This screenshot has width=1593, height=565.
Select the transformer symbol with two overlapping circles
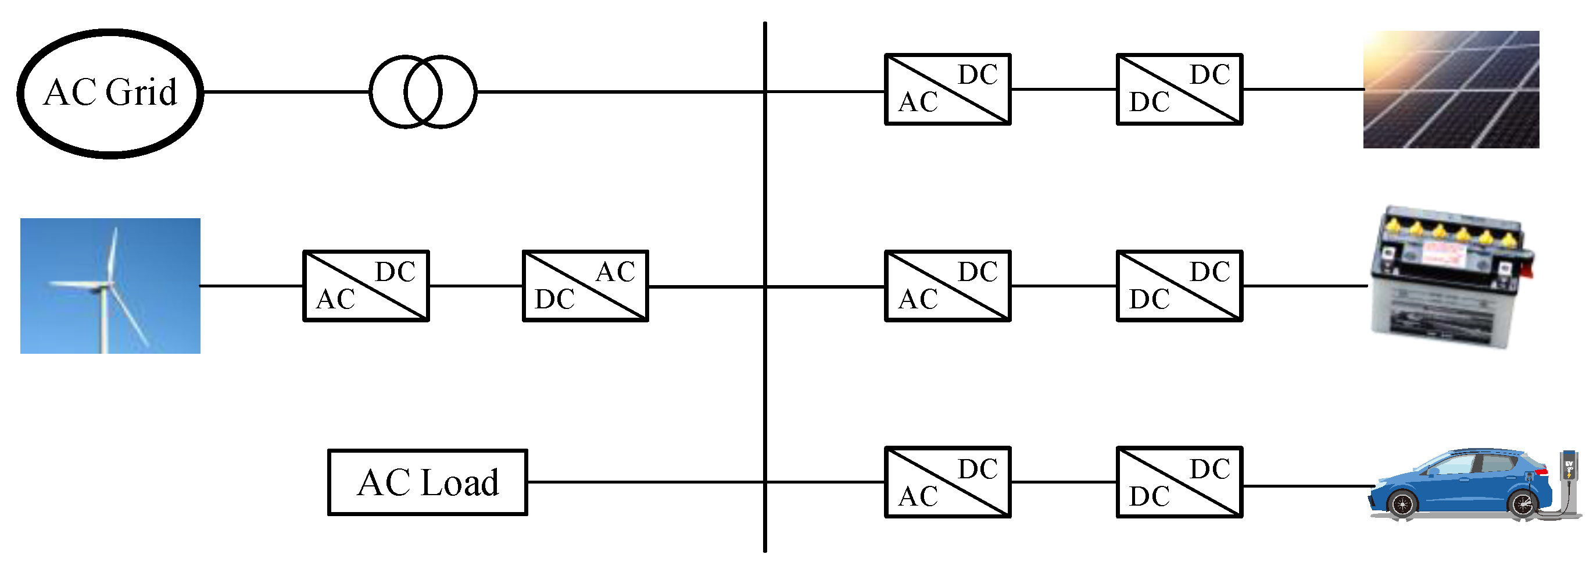click(423, 91)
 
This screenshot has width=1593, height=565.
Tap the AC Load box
click(427, 482)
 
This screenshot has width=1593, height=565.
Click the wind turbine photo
click(110, 286)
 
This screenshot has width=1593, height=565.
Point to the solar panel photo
click(1451, 90)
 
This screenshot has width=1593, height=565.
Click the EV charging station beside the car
click(1569, 483)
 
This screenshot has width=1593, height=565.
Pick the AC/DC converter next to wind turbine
click(366, 286)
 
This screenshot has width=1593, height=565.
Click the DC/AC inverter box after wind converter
click(585, 286)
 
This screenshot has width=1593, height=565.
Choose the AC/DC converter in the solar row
click(947, 90)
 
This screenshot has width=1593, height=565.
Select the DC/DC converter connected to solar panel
click(1179, 90)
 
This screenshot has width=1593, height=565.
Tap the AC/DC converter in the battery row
click(947, 286)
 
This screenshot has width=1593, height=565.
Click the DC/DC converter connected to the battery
click(1179, 286)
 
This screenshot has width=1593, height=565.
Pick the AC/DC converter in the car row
click(947, 482)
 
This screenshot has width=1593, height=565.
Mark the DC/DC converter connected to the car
click(1179, 482)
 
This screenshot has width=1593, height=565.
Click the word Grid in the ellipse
click(141, 93)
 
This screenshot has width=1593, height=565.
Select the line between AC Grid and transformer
click(284, 91)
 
